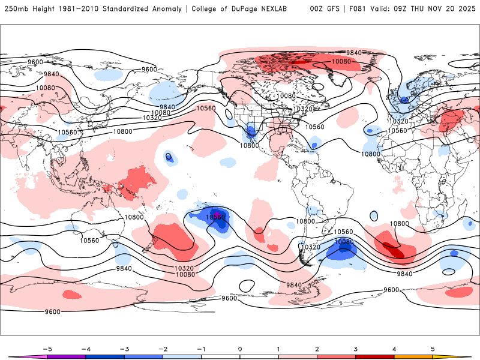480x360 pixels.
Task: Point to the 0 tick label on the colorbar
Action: pyautogui.click(x=239, y=348)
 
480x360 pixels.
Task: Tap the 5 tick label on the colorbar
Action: pyautogui.click(x=433, y=348)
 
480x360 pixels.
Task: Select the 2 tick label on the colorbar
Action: pyautogui.click(x=317, y=348)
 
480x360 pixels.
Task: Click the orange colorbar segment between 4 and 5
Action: pyautogui.click(x=413, y=357)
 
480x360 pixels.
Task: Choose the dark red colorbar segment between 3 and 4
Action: pyautogui.click(x=375, y=357)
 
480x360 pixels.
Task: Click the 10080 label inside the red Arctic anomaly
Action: pyautogui.click(x=341, y=61)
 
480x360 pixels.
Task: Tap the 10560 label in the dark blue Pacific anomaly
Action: pyautogui.click(x=215, y=217)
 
